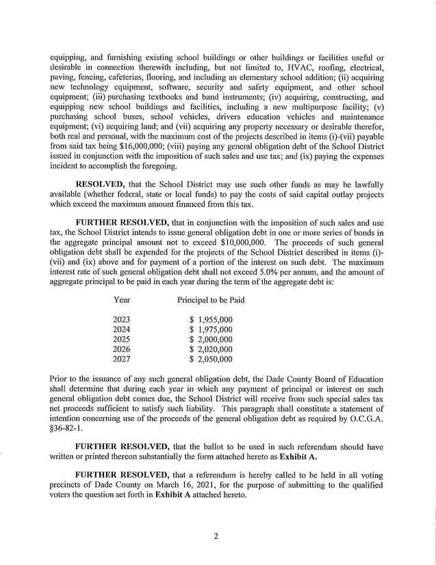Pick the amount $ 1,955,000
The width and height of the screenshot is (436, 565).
(x=211, y=320)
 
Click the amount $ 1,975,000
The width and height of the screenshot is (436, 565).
(x=211, y=329)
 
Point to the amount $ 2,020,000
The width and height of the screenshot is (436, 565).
(x=211, y=349)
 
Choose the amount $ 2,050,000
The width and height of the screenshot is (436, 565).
(x=211, y=359)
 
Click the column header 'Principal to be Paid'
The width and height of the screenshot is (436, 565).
(x=211, y=300)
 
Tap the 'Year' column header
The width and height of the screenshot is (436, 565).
(x=121, y=300)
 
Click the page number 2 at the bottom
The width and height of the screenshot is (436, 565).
(x=215, y=536)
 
